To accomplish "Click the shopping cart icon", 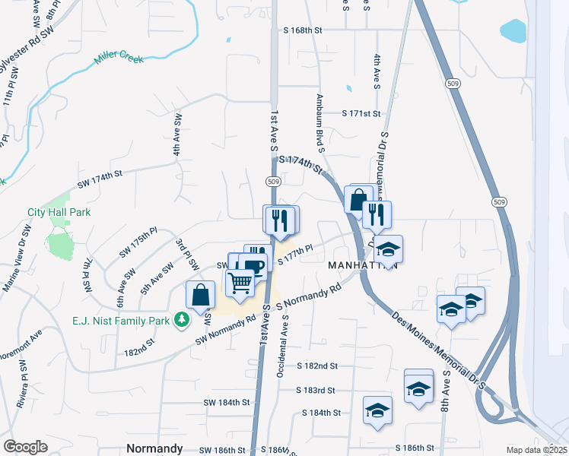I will click(240, 283).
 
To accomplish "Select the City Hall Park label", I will click(59, 212).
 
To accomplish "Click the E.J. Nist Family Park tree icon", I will click(181, 321).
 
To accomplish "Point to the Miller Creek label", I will click(118, 57).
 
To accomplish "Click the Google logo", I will click(25, 446).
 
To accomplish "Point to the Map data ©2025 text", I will click(537, 450).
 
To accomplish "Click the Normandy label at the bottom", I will click(154, 448).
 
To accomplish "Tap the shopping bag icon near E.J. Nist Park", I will click(199, 295).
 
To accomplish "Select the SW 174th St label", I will click(100, 179).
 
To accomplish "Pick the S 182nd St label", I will click(317, 366).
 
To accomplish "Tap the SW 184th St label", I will click(227, 401).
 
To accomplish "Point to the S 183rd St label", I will click(316, 390).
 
